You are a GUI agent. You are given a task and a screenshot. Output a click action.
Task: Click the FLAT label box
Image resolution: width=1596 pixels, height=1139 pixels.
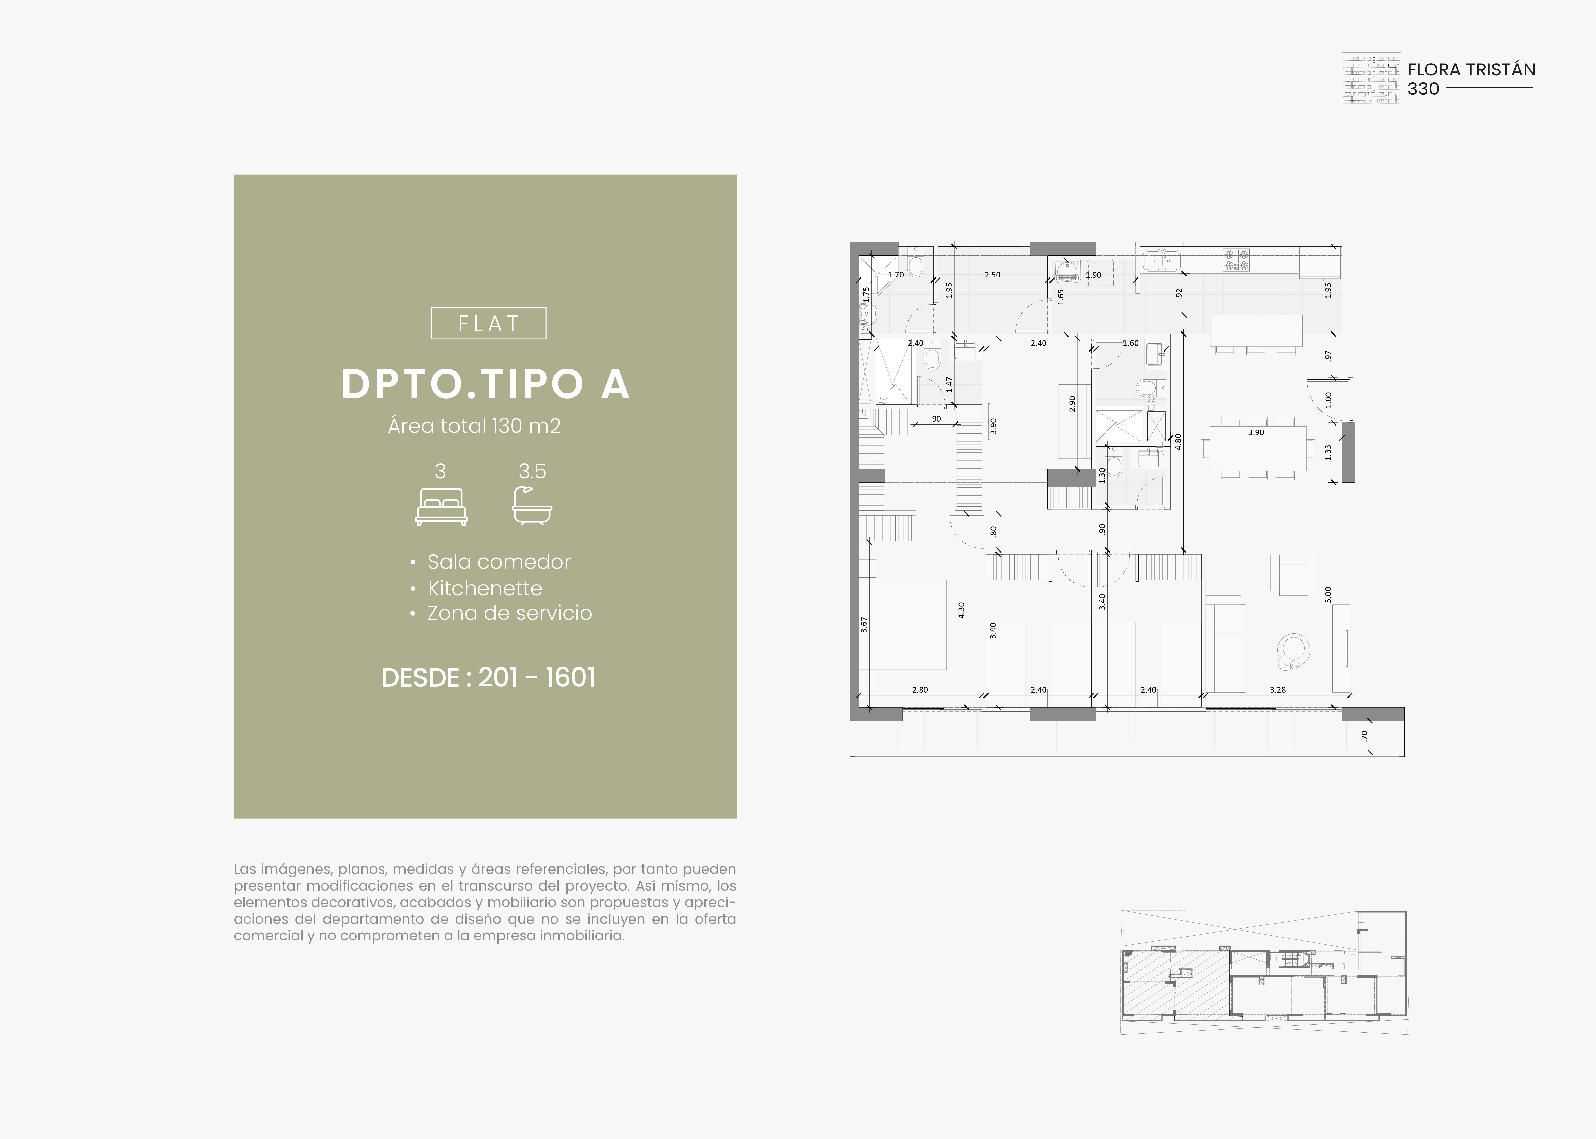(x=488, y=323)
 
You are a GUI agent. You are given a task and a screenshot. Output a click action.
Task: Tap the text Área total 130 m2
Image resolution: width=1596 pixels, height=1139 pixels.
(x=474, y=426)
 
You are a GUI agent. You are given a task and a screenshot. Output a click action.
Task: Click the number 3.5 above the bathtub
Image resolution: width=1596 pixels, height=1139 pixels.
(x=532, y=471)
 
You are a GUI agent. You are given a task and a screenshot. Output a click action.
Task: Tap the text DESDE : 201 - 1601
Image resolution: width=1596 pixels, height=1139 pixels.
(x=488, y=677)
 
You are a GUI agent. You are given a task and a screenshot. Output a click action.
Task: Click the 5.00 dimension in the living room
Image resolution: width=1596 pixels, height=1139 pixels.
(x=1327, y=595)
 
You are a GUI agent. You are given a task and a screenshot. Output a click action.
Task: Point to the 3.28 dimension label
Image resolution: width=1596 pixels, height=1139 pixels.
(x=1278, y=690)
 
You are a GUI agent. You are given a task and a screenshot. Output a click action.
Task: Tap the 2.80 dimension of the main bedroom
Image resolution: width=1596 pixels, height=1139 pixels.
(x=920, y=690)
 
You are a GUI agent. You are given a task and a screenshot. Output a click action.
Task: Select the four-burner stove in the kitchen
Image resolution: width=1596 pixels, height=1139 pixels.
(x=1236, y=260)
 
